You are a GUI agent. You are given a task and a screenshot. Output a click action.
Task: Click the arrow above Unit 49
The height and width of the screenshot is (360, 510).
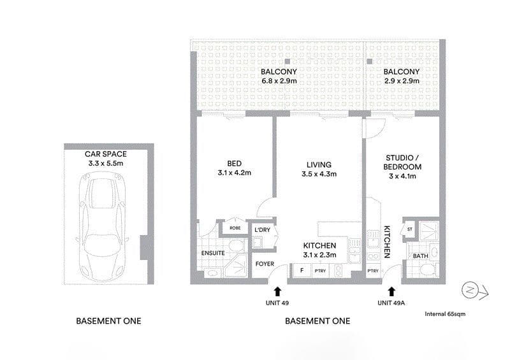pos(278,291)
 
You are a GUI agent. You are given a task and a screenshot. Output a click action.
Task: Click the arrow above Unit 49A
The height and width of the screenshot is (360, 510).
pos(391,291)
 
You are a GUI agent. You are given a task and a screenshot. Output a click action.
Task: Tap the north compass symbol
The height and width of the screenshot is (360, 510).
pos(474,291)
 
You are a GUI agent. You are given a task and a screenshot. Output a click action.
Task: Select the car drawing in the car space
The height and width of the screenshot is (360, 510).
pos(103,226)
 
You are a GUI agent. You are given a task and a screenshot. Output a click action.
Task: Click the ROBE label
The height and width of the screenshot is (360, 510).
pos(235,228)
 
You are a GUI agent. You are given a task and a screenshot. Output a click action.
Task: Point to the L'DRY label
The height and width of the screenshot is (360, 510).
pos(263,230)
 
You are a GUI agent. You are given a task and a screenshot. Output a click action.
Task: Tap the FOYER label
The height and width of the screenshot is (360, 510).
pos(265,264)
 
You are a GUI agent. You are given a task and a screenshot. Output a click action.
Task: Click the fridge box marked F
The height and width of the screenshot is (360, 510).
pos(302,270)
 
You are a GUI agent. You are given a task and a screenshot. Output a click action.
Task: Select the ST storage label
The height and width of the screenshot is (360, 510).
pos(410,229)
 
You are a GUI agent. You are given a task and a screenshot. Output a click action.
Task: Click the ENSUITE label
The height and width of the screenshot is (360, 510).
pos(213,253)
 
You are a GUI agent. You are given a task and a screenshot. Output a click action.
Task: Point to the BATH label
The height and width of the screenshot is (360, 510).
pos(421,256)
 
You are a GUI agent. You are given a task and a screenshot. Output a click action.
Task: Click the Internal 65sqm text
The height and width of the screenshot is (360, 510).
pos(445,314)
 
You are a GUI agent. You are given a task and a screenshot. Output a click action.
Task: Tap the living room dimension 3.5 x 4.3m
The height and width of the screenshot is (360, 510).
pos(319,174)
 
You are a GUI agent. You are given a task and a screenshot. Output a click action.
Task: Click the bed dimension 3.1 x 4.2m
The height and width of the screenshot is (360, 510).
pos(235,173)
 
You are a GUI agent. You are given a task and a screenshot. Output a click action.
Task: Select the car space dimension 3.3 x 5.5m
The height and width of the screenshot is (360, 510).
pos(106,163)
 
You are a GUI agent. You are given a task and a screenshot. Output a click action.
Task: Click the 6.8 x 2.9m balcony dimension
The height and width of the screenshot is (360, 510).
pos(279,81)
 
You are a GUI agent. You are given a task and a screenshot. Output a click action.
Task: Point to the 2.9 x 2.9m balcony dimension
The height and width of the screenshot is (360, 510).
pos(402,81)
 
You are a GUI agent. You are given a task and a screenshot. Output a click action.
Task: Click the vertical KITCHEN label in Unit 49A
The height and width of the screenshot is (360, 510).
pos(387,242)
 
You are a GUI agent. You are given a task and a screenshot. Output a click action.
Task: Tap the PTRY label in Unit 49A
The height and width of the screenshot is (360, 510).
pos(373,271)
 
